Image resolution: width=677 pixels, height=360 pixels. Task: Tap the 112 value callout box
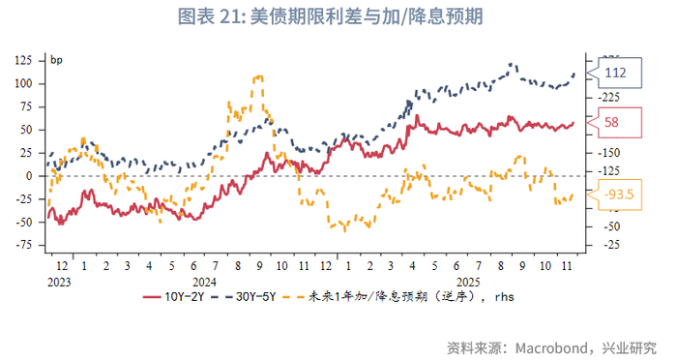615,73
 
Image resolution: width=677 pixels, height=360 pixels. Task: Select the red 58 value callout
612,122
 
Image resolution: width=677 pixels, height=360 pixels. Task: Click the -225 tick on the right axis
609,97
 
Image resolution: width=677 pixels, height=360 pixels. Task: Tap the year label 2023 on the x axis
59,282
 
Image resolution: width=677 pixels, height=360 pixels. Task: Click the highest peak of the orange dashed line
257,76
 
